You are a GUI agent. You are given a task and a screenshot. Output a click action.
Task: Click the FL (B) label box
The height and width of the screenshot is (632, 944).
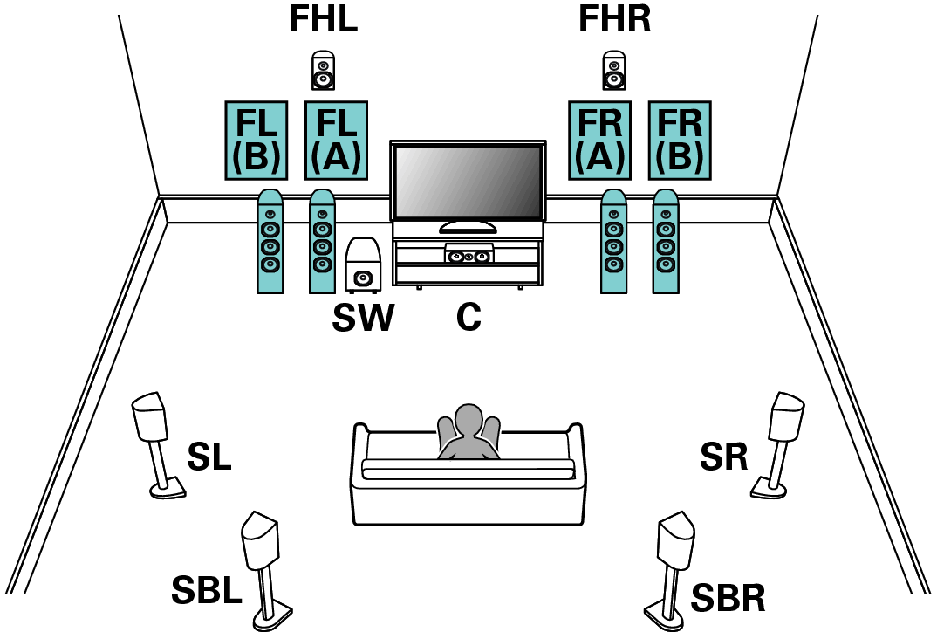[x=256, y=141]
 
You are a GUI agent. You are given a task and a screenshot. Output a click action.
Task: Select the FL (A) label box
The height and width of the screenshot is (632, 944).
[x=336, y=141]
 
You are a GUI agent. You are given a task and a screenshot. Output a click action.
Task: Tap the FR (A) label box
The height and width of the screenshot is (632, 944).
[x=599, y=141]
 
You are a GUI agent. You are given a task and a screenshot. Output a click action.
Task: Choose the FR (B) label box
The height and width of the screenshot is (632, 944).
[x=680, y=141]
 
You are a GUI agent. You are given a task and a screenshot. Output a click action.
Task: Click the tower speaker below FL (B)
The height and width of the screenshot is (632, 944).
[x=270, y=242]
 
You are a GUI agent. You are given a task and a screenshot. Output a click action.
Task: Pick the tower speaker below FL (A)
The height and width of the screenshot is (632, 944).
[x=322, y=242]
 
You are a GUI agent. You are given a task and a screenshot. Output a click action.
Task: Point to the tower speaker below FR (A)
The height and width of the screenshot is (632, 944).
[x=613, y=242]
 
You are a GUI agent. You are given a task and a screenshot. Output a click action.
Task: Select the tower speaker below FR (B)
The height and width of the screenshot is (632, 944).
[x=666, y=242]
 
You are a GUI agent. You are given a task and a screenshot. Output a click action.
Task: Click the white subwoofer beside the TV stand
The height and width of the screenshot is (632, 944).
[x=363, y=264]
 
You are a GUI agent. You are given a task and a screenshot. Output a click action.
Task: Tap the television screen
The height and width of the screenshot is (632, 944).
[x=468, y=182]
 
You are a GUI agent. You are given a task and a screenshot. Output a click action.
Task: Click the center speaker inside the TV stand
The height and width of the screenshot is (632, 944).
[x=469, y=255]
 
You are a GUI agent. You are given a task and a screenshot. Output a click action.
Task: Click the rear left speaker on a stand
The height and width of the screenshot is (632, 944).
[x=261, y=543]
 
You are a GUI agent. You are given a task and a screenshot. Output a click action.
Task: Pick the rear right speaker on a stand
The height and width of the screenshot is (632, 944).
[x=676, y=543]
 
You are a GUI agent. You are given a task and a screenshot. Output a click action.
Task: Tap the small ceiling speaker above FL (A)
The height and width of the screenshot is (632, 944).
[x=323, y=74]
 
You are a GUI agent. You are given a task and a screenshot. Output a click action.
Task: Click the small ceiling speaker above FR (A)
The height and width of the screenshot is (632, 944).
[x=614, y=74]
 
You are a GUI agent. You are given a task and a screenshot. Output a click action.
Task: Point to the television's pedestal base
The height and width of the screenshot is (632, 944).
[x=468, y=228]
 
